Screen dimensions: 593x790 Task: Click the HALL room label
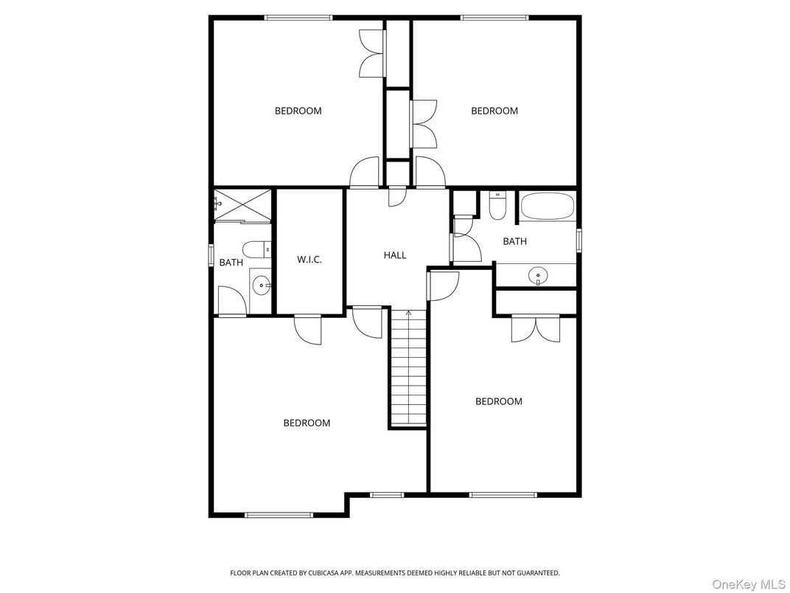pos(395,255)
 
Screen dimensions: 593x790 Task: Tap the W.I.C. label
pos(310,260)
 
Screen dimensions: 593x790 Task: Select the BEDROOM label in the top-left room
pos(298,111)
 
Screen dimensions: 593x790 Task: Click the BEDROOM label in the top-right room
pos(494,111)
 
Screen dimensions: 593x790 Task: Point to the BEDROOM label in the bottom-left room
pos(307,423)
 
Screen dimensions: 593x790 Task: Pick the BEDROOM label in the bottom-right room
pos(499,401)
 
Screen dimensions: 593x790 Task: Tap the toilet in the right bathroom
pos(497,206)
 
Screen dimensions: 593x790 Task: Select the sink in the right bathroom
pos(538,276)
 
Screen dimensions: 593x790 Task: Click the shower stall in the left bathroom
pos(242,206)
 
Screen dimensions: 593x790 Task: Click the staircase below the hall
pos(408,369)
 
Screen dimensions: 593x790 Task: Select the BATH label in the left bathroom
pos(231,262)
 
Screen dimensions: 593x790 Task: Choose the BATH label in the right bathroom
pos(514,241)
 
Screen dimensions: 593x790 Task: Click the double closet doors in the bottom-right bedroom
pos(535,328)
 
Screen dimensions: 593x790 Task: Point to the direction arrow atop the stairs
pos(408,313)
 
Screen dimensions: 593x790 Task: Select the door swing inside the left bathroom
pos(231,301)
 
